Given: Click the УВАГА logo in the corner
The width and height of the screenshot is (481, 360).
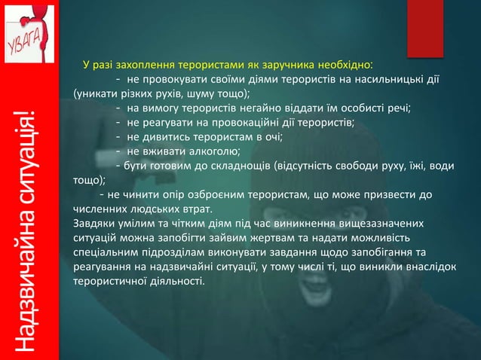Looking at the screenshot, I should point(28,32).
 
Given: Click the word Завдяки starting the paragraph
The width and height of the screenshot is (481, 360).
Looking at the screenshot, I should point(93,224).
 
